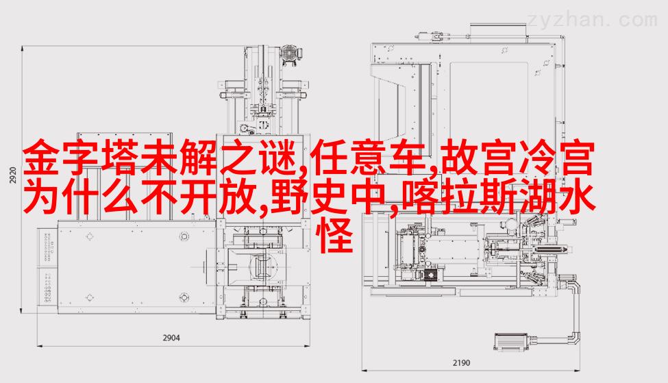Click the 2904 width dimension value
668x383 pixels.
tap(171, 338)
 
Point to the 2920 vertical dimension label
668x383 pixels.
tap(12, 175)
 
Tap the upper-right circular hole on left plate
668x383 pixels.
tap(184, 237)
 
